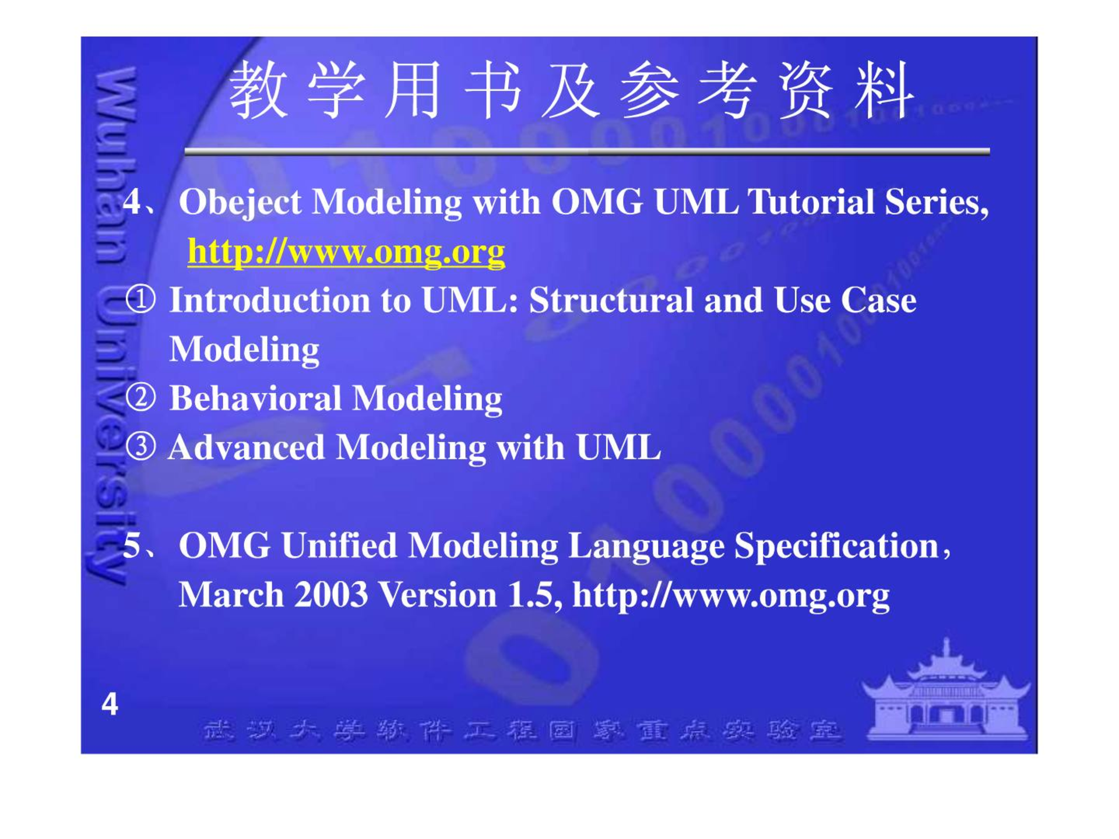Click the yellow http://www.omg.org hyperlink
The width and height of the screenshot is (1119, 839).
[346, 253]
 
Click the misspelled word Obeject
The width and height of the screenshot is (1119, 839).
[240, 203]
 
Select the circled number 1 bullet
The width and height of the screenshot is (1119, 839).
[141, 299]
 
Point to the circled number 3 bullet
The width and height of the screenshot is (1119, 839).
[141, 447]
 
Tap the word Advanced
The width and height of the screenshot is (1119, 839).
[247, 447]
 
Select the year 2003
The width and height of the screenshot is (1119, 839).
[331, 595]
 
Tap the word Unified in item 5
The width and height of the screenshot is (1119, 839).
[339, 546]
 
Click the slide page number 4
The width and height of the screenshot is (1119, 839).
[110, 704]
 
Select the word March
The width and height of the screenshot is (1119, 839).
[231, 595]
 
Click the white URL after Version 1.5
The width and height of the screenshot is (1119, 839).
[731, 596]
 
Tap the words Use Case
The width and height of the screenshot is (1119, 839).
[845, 300]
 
